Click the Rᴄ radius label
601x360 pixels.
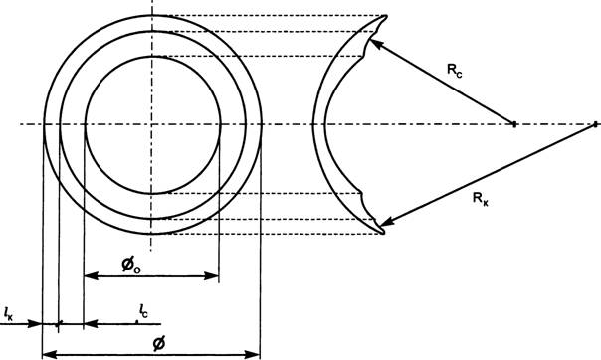(x=455, y=71)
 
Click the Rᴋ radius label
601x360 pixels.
(x=481, y=199)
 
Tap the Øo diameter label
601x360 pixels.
(x=131, y=265)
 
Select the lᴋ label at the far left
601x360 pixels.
(x=8, y=313)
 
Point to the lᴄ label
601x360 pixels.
(x=143, y=311)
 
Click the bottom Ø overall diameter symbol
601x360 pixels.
(x=159, y=343)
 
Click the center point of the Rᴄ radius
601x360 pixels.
(x=514, y=124)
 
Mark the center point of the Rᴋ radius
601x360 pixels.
(x=595, y=124)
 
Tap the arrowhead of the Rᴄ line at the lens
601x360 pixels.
(x=376, y=44)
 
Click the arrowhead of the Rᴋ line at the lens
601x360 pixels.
(x=386, y=222)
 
